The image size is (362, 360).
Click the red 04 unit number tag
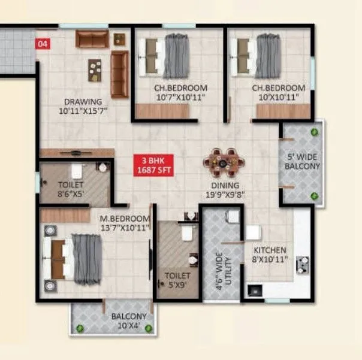tap(43, 43)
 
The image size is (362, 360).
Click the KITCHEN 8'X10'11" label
tap(269, 255)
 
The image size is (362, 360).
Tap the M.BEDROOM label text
tap(125, 223)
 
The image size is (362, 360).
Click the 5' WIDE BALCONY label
tap(303, 162)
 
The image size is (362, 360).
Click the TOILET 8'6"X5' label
tap(71, 189)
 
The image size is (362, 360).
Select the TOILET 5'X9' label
tap(177, 280)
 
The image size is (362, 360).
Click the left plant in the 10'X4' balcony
tap(80, 328)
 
